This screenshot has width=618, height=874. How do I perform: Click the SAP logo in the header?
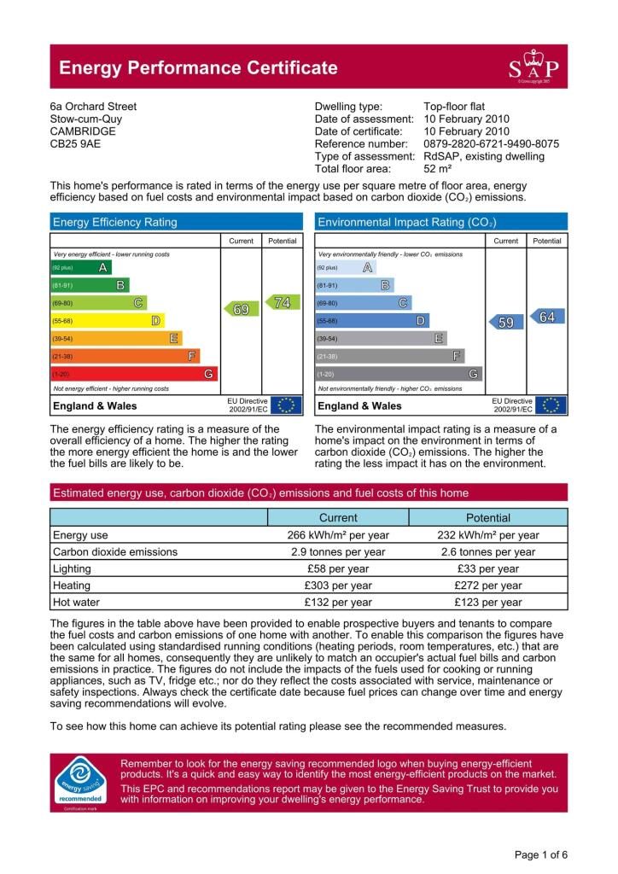tap(534, 67)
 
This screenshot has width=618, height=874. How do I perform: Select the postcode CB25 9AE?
tap(75, 144)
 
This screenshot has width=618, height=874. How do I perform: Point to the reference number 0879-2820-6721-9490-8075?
tap(491, 144)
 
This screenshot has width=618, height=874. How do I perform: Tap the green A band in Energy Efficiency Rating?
tap(81, 268)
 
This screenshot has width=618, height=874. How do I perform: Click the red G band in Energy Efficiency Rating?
tap(134, 374)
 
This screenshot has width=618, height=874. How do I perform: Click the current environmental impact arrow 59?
tap(504, 322)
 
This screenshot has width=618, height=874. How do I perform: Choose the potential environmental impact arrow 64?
tap(545, 317)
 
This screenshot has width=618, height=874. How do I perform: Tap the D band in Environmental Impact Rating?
tap(372, 321)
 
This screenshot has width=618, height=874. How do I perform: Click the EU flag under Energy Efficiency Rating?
tap(286, 405)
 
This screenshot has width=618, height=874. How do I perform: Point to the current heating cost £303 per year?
tap(338, 586)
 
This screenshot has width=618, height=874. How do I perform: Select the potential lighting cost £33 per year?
tap(487, 568)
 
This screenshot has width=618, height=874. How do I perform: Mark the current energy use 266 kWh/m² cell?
tap(338, 535)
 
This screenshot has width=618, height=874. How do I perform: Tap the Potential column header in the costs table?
tap(487, 517)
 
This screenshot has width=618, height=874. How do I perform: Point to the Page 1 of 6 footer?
tap(541, 854)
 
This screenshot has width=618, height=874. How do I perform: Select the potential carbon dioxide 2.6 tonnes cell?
tap(487, 552)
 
